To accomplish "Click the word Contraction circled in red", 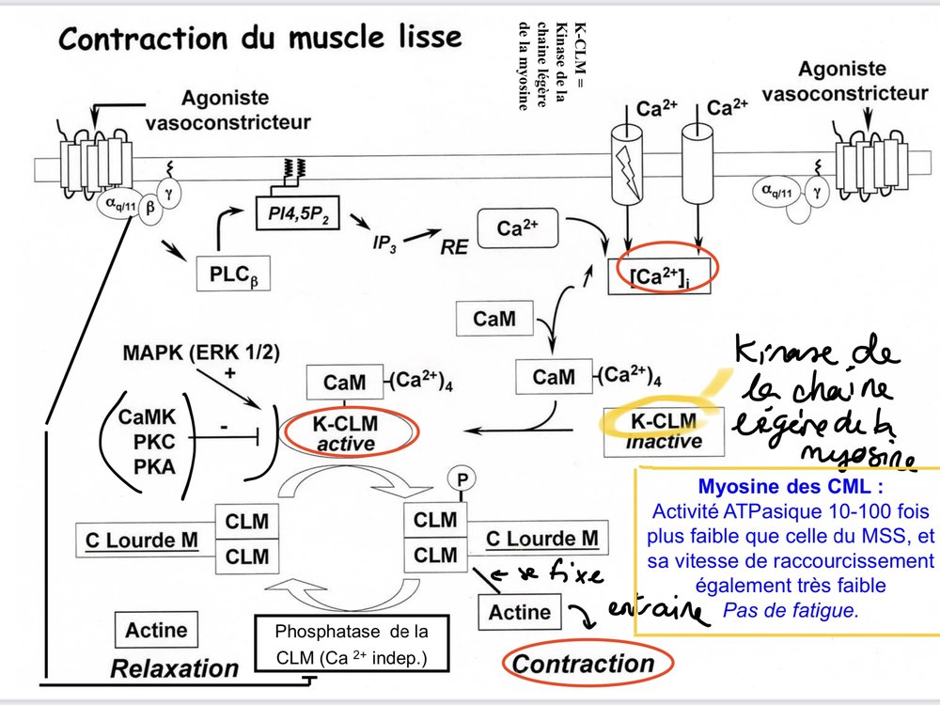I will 583,665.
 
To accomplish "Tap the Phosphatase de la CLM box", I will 351,645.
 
